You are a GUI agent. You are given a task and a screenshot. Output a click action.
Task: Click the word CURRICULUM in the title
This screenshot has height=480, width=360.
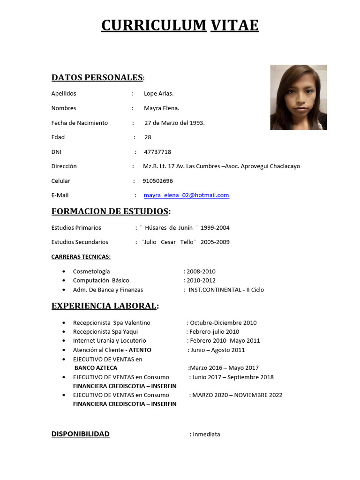pos(154,25)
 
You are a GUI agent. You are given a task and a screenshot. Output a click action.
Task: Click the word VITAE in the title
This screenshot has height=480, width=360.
pos(234,25)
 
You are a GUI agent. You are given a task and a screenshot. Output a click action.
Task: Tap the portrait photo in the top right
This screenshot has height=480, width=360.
pos(298,97)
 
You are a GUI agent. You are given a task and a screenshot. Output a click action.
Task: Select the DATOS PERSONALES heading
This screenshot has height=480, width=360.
pos(97,77)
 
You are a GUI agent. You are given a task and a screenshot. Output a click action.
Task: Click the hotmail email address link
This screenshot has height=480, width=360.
pos(186,195)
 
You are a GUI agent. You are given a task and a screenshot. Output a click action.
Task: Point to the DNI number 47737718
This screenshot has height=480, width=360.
pos(157,152)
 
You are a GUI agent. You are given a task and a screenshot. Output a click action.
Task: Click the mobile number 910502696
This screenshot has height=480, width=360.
pos(157,181)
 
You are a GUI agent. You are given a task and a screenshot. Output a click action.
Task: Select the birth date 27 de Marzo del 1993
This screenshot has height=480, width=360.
pos(174,123)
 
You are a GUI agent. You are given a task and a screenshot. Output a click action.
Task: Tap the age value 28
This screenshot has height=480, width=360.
pos(148,137)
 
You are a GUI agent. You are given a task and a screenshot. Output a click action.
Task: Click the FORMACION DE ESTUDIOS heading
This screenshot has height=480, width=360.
pos(110,211)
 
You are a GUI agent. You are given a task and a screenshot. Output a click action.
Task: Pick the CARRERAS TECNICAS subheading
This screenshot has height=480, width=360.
pos(81,257)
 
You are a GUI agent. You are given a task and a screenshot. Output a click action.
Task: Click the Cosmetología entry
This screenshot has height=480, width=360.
pos(91,271)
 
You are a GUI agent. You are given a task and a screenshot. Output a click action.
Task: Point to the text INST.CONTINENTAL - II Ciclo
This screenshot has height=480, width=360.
pos(226,290)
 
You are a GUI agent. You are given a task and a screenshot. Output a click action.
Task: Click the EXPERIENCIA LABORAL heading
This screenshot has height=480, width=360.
pos(104,306)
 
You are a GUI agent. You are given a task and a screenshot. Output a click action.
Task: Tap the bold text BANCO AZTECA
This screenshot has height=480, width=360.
pos(96,368)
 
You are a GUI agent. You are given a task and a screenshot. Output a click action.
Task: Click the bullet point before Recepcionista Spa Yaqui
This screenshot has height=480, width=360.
pos(63,332)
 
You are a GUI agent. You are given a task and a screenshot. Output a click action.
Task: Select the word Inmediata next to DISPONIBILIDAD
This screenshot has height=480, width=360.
pos(206,434)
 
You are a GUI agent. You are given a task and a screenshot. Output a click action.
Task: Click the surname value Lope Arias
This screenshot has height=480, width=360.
pos(158,94)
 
